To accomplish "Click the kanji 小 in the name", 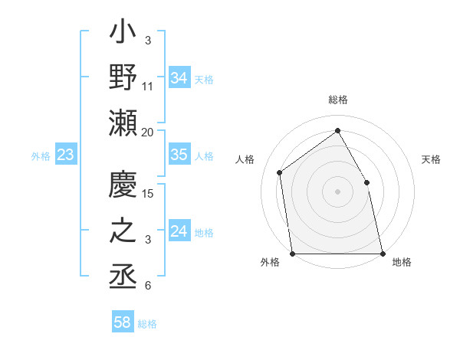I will (x=123, y=34).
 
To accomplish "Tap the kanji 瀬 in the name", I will (x=123, y=123).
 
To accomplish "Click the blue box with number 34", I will (x=179, y=78).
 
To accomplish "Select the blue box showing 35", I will (x=179, y=155).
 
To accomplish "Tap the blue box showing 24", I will (x=179, y=231).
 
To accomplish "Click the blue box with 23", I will (x=66, y=155).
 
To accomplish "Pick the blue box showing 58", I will (x=123, y=322).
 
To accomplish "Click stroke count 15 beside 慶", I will (x=148, y=193).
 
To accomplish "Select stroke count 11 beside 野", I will (x=148, y=87).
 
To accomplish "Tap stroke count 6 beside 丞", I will (x=147, y=286).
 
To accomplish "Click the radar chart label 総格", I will (x=337, y=100).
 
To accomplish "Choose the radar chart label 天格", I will (x=431, y=159).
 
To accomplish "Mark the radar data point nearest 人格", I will (x=280, y=172).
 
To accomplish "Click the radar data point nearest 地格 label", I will (x=382, y=253).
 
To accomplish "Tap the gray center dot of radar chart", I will (x=337, y=191).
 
